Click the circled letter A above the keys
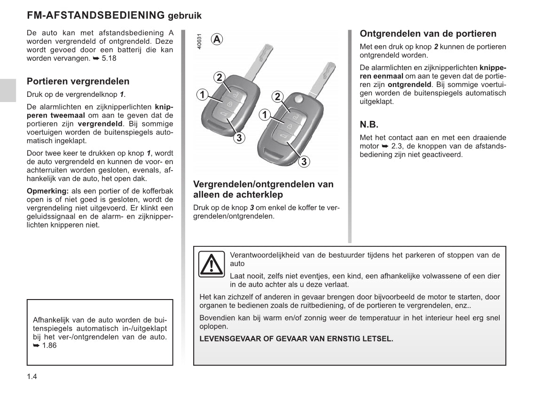pyautogui.click(x=217, y=39)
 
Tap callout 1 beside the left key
pyautogui.click(x=202, y=95)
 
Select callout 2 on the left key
pyautogui.click(x=219, y=78)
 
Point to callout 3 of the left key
pyautogui.click(x=239, y=137)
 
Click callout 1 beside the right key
pyautogui.click(x=265, y=115)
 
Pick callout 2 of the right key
pyautogui.click(x=277, y=97)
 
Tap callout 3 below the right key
pyautogui.click(x=304, y=162)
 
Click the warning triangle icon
pyautogui.click(x=211, y=264)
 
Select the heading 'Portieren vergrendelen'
pyautogui.click(x=78, y=81)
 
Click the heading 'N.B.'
pyautogui.click(x=369, y=125)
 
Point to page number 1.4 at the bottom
pyautogui.click(x=32, y=377)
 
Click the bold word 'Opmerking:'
pyautogui.click(x=47, y=191)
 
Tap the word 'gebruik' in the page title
pyautogui.click(x=185, y=16)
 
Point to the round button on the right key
pyautogui.click(x=298, y=99)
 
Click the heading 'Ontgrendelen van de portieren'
pyautogui.click(x=428, y=33)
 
